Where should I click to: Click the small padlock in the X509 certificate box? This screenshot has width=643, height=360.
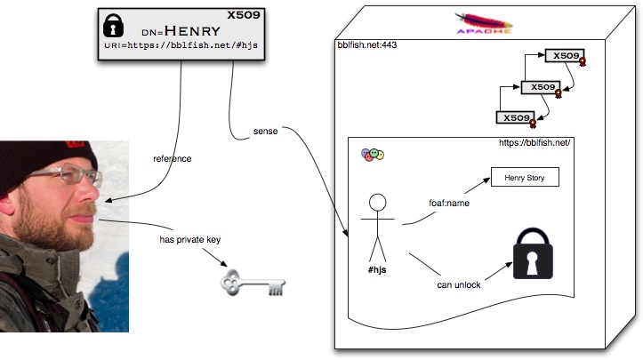coord(113,26)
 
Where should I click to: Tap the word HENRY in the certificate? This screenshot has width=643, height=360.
coord(192,31)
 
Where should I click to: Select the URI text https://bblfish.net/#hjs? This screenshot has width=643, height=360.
coord(192,45)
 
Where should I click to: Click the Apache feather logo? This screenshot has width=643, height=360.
coord(484,22)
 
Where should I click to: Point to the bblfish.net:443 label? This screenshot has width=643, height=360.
coord(367,44)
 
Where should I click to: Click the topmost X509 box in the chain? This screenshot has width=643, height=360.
coord(565,56)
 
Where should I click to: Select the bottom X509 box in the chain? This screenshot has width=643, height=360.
coord(516,117)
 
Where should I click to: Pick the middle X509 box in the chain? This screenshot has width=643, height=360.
coord(541,87)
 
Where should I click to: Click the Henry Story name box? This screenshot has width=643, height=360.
coord(525,177)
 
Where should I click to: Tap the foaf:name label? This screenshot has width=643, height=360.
coord(449,203)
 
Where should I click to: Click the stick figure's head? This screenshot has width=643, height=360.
coord(377,203)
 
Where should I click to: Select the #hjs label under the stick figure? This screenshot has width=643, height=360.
coord(377,269)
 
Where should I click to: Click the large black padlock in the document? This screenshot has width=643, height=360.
coord(533,253)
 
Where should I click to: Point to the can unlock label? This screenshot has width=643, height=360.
coord(459,285)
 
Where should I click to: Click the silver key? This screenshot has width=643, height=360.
coord(253,283)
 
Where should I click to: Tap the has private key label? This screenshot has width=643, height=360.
coord(189,239)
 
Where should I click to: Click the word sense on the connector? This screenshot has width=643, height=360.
coord(265,132)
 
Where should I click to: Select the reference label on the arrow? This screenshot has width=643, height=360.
coord(173,159)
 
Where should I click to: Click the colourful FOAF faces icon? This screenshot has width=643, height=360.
coord(373,155)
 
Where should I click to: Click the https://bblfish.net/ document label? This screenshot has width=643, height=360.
coord(534,143)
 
